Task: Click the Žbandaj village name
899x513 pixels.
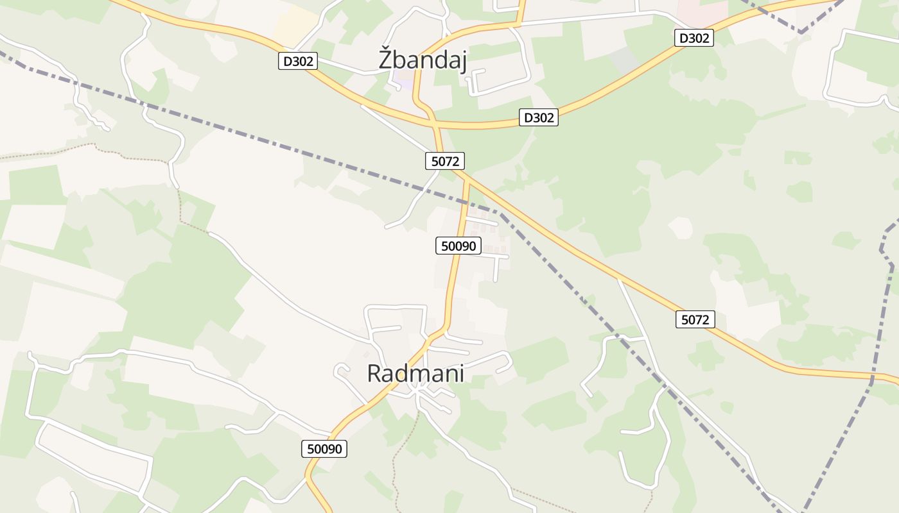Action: point(422,60)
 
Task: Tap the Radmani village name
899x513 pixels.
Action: point(415,373)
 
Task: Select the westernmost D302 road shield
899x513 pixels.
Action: point(298,62)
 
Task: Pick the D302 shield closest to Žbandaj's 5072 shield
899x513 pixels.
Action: point(538,117)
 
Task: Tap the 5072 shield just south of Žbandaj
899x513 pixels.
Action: point(444,161)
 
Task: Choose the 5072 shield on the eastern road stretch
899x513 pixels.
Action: point(695,319)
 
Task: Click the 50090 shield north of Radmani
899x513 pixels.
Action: point(458,246)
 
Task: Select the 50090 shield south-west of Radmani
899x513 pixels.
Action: point(324,449)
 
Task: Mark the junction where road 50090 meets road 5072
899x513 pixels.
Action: point(467,181)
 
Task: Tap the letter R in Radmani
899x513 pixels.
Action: point(374,373)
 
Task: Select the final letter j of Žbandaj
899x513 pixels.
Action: point(463,61)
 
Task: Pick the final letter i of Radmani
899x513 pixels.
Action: point(461,373)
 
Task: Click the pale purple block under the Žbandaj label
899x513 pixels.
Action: point(405,81)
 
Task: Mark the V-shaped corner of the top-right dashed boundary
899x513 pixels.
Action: point(801,31)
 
